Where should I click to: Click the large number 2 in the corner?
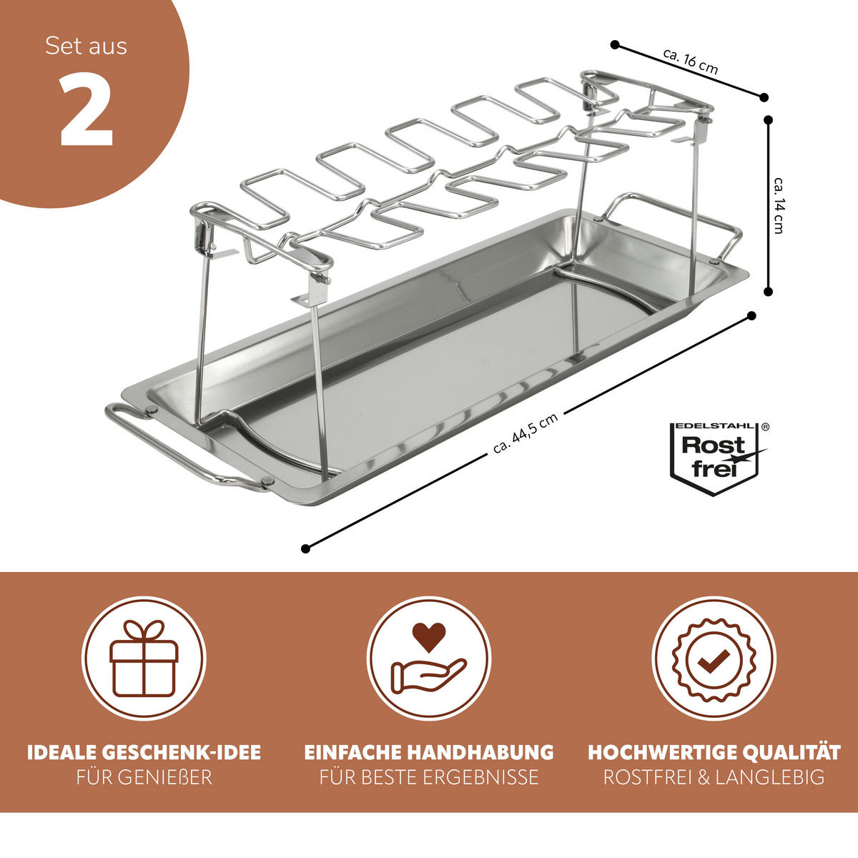(86, 109)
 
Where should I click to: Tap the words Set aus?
(86, 46)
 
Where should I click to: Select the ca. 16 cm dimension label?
(690, 61)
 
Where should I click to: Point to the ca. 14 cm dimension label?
(779, 205)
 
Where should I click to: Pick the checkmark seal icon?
(714, 659)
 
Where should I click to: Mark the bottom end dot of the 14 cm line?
(768, 292)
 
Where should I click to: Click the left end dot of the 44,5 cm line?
(305, 548)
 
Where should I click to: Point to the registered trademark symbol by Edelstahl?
(766, 427)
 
